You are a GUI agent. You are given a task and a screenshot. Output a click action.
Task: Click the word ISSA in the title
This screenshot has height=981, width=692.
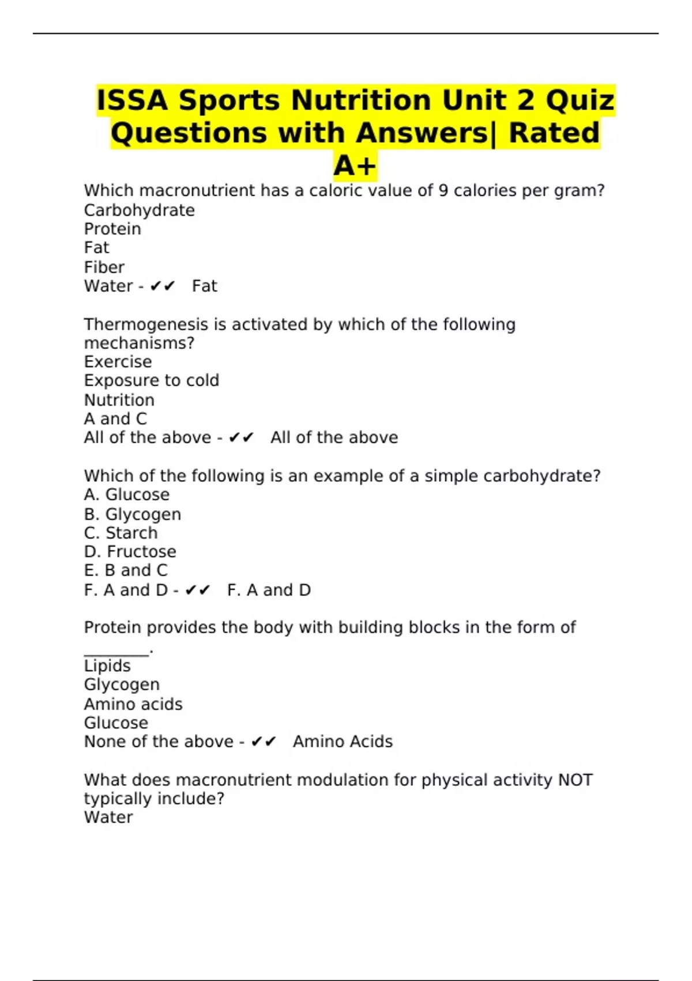132,100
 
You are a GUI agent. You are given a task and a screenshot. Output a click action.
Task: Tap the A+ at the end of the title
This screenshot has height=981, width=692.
355,166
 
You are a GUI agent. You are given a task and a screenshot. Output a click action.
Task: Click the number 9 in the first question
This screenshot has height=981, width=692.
443,190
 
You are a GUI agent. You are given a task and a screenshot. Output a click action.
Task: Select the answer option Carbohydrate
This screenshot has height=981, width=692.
139,210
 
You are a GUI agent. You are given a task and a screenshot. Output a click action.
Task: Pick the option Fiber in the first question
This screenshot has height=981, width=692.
104,267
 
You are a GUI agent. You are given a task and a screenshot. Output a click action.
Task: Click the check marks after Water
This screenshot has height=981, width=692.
162,286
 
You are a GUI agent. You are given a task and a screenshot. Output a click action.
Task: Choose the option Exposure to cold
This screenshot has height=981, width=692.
151,381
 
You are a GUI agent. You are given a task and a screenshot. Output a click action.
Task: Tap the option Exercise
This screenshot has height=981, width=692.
118,362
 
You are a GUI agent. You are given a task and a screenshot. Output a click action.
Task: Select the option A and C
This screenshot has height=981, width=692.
115,419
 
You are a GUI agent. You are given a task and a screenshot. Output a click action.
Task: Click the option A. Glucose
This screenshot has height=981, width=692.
126,495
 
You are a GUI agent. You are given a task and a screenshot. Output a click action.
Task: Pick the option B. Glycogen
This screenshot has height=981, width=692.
132,514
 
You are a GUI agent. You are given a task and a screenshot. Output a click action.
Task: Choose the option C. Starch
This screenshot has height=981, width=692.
121,533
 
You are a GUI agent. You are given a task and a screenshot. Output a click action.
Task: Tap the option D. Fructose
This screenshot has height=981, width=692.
130,552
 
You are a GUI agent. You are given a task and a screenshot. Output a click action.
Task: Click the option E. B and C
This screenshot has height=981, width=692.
126,570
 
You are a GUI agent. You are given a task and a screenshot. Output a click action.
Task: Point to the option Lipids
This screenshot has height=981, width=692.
107,666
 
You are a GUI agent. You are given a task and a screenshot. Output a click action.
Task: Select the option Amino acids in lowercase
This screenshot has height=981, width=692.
133,704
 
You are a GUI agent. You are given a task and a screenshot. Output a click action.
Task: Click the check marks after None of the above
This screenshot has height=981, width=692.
264,742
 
